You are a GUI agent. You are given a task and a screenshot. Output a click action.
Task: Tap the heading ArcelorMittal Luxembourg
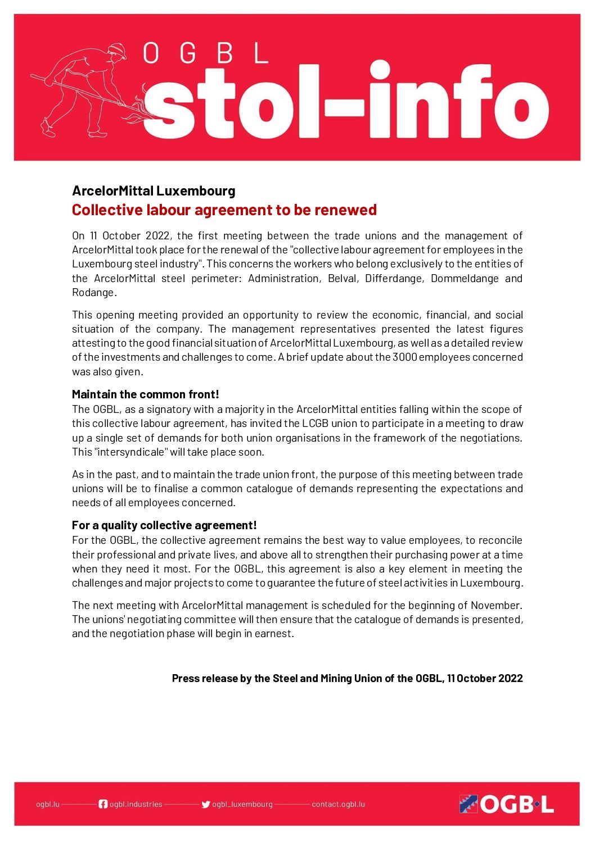point(154,191)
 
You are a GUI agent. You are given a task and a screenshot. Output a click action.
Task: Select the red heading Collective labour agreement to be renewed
point(224,210)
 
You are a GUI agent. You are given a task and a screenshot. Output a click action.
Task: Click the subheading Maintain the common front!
point(145,394)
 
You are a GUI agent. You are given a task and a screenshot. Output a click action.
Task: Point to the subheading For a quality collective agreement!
point(164,525)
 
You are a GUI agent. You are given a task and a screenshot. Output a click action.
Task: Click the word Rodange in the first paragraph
point(93,293)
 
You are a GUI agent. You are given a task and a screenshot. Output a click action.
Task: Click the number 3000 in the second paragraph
point(404,357)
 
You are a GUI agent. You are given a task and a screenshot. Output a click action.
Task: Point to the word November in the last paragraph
point(495,606)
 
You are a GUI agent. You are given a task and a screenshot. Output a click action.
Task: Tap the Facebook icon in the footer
point(103,804)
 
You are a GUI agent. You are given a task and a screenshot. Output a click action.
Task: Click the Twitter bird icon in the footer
point(206,804)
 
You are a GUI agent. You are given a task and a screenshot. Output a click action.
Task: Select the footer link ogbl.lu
point(47,804)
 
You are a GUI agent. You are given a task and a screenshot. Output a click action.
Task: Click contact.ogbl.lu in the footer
point(338,804)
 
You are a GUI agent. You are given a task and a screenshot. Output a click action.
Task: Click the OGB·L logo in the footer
point(506,804)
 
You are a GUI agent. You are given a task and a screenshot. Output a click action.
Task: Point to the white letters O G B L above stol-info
point(205,54)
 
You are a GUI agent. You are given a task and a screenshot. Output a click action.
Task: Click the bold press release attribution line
point(347,679)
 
